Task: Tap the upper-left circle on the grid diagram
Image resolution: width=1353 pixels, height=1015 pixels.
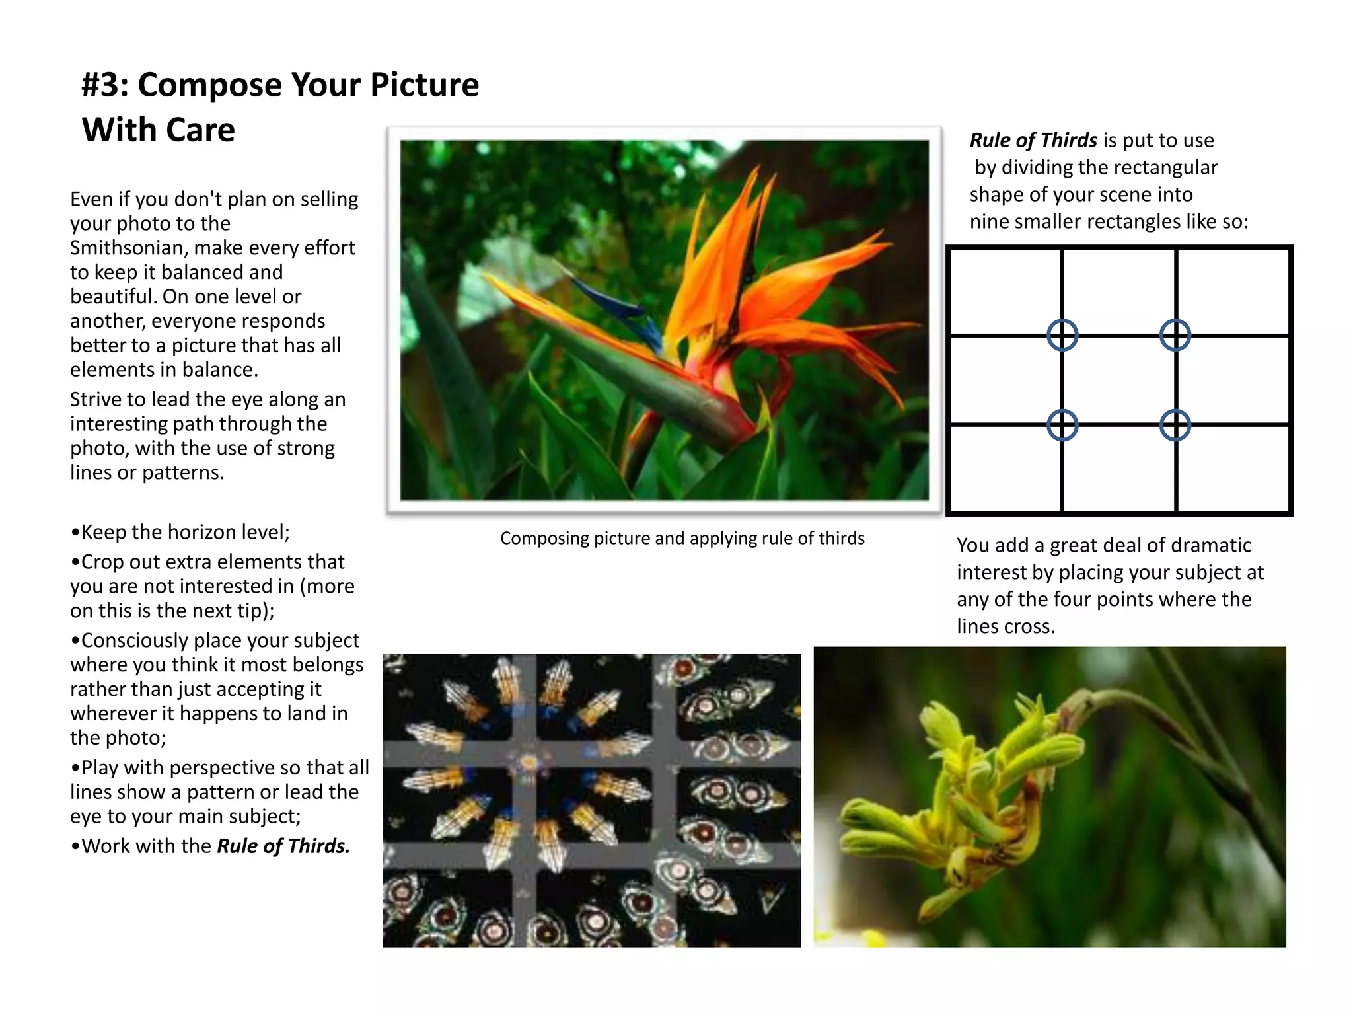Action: [1062, 335]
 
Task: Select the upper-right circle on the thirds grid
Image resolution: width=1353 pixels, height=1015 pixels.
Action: [1175, 335]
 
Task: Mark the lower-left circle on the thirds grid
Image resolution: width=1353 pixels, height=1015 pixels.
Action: [1062, 425]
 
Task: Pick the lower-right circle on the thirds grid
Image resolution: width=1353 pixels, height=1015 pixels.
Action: [1175, 425]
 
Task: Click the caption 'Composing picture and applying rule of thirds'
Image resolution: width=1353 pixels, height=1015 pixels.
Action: [682, 538]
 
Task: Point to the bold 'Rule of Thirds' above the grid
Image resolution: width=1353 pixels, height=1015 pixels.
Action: [1033, 140]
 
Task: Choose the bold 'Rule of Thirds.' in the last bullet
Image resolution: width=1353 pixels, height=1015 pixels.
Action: [283, 846]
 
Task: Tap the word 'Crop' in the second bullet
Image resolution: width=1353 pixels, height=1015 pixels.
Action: [103, 562]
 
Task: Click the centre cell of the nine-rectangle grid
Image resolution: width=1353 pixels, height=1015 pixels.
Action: [1118, 380]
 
